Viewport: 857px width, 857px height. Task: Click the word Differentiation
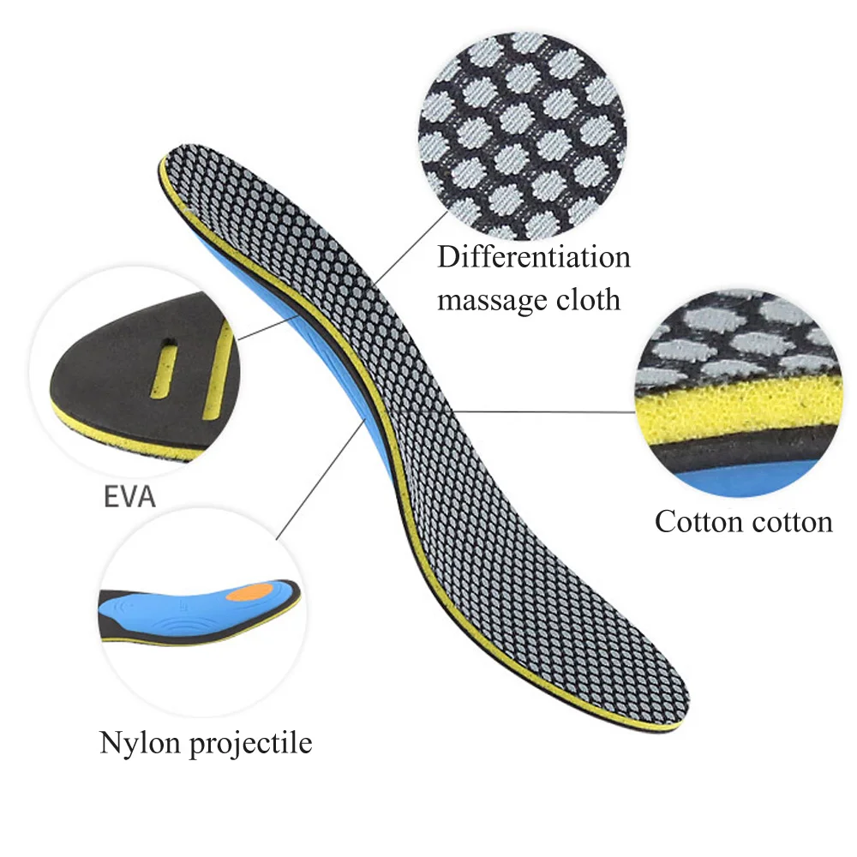(534, 257)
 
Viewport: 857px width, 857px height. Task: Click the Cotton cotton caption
(743, 521)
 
